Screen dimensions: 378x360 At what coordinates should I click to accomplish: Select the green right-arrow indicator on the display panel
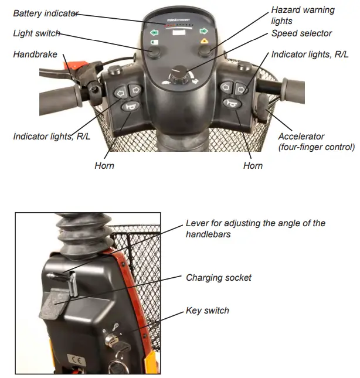[204, 32]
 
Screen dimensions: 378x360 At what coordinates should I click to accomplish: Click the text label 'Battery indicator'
[45, 13]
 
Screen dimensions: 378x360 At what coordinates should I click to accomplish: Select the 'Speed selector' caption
[301, 33]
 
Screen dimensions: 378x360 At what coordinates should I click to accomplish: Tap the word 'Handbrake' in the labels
[35, 55]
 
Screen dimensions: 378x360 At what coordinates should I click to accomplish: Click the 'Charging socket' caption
[219, 277]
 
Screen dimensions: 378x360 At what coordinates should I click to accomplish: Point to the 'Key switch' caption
[207, 311]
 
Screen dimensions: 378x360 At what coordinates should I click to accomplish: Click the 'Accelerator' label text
[301, 137]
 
